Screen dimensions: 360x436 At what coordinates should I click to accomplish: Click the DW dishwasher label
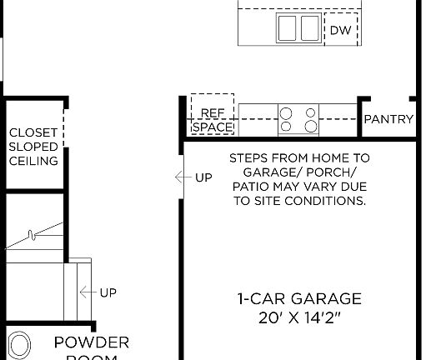coord(339,31)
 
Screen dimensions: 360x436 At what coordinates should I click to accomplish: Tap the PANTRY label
coord(388,119)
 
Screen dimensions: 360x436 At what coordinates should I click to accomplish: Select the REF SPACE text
coord(213,119)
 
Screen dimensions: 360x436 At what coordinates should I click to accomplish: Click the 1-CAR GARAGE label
coord(298,298)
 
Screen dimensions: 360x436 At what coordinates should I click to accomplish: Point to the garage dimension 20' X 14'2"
coord(298,317)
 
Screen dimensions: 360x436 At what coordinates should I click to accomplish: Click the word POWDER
coord(92,342)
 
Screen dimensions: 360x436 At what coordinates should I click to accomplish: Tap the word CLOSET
coord(33,132)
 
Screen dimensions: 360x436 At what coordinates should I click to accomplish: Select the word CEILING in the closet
coord(33,161)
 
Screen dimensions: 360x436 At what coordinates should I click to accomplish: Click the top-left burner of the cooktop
coord(287,112)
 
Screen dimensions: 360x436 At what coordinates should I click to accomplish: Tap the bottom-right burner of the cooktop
coord(311,127)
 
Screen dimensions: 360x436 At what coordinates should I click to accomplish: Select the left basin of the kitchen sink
coord(287,28)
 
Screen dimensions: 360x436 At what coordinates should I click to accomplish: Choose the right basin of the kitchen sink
coord(310,28)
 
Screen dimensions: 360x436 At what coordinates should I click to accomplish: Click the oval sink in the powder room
coord(19,346)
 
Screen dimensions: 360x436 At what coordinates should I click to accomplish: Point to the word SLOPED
coord(33,147)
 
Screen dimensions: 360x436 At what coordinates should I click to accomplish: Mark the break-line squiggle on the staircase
coord(33,236)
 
